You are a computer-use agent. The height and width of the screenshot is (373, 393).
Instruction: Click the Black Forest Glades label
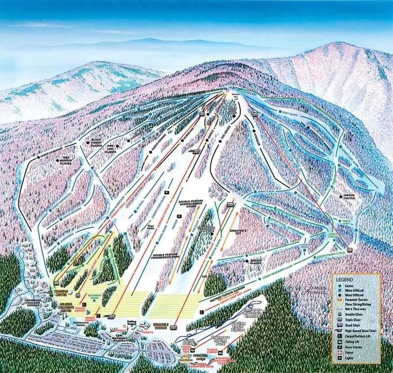click(x=100, y=143)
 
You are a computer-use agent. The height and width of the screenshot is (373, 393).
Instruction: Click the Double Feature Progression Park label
click(x=167, y=256)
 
